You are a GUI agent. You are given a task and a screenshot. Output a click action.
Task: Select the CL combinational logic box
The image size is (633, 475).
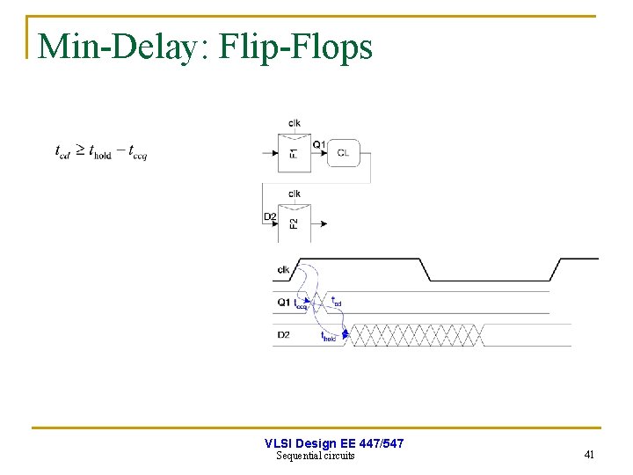[342, 153]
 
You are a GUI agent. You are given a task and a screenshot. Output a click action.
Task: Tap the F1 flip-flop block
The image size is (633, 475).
[293, 153]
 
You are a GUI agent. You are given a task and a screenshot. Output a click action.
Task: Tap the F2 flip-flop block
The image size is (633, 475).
[293, 223]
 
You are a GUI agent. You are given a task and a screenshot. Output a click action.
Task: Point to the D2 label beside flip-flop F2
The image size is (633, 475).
[269, 216]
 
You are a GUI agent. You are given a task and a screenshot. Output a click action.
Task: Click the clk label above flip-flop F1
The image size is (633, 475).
[294, 123]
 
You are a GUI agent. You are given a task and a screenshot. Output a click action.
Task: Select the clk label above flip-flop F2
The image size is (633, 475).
[294, 194]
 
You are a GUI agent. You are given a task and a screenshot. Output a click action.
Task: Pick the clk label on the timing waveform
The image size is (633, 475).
[283, 270]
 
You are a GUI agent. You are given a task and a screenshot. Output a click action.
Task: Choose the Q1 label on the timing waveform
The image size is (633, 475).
[283, 303]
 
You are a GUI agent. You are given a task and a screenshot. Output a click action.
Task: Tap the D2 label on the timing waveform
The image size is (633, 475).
[283, 335]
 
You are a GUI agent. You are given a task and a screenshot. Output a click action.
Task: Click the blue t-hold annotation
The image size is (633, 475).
[330, 336]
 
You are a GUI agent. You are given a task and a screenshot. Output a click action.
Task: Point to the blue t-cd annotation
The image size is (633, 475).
[336, 302]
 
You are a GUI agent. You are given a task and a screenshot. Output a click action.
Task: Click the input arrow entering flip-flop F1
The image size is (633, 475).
[270, 153]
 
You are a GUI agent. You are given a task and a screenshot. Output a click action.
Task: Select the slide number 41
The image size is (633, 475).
[589, 455]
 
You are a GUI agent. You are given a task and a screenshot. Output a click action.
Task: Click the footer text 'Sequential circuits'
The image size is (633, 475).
[316, 456]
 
